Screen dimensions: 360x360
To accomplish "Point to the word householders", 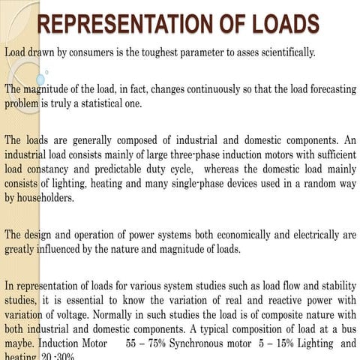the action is pyautogui.click(x=48, y=199).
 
